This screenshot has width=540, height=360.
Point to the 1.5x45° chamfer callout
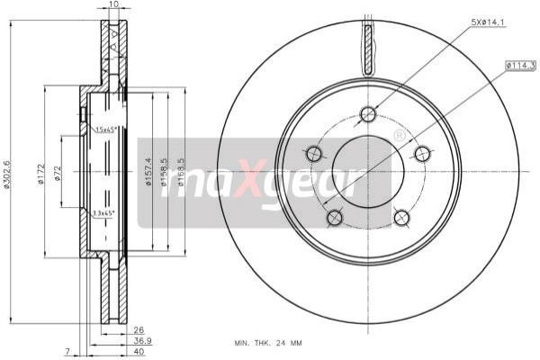tap(107, 130)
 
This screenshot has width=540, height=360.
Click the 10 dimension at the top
tap(113, 5)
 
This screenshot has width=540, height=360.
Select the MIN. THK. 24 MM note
tap(268, 342)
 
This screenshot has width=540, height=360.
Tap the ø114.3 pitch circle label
tap(521, 63)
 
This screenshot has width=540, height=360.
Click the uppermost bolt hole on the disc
tap(367, 113)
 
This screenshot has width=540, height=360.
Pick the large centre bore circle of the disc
tap(367, 170)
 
